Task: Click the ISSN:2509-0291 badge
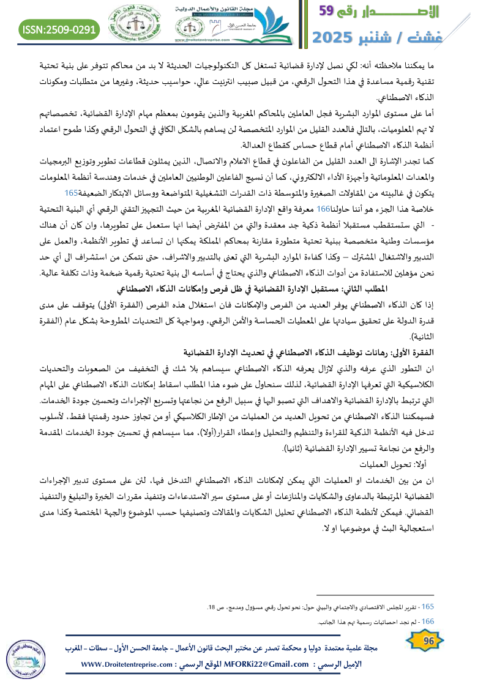[x=59, y=28]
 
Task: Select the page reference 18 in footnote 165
[x=211, y=607]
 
